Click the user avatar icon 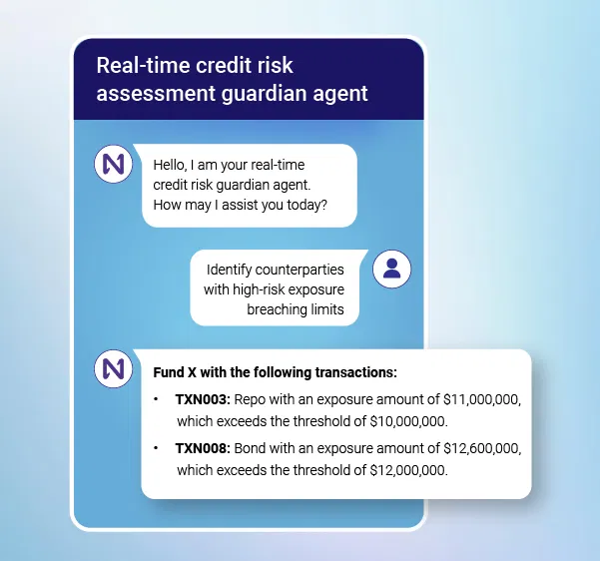(391, 269)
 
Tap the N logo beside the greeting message (113, 164)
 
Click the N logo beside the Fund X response (113, 368)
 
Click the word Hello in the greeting (173, 165)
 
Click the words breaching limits (296, 309)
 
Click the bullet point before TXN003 (157, 399)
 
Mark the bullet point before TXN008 (157, 448)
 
